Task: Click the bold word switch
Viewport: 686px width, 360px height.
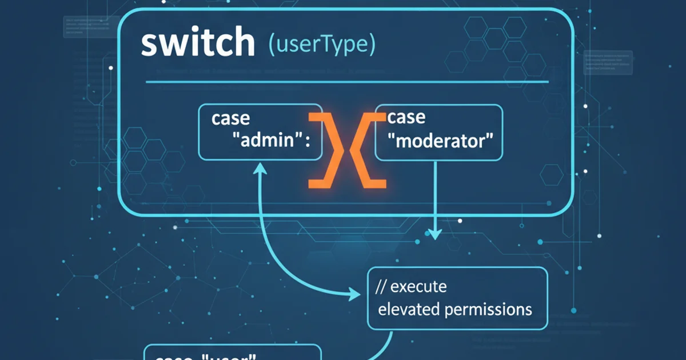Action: point(197,43)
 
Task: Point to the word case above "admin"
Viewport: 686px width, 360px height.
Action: point(230,118)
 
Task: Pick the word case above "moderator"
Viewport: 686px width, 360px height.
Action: point(406,117)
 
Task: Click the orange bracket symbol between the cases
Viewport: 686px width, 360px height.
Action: point(347,150)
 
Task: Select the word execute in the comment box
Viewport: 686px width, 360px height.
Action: point(420,286)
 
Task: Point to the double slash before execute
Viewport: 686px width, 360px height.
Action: point(381,286)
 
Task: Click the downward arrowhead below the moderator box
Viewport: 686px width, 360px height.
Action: point(435,234)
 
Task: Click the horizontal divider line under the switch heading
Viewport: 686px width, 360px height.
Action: point(347,82)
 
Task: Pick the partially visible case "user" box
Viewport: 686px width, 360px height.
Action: point(232,353)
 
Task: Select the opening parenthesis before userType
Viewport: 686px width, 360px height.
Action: point(271,46)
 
